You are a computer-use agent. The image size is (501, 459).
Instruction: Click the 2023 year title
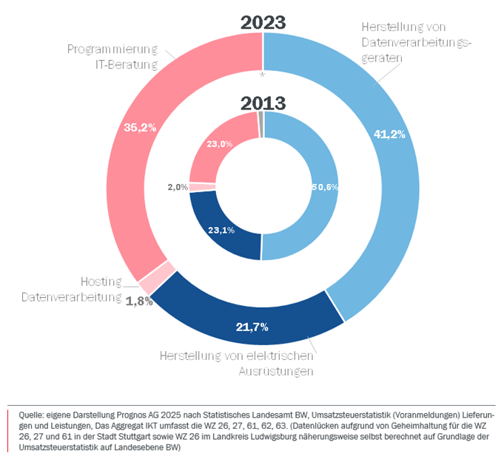[263, 22]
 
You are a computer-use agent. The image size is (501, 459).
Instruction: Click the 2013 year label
[263, 103]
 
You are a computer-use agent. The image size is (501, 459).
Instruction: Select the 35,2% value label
[140, 127]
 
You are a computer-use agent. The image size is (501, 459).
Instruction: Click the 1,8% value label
[138, 301]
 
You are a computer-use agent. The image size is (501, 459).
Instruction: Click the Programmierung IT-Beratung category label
[112, 57]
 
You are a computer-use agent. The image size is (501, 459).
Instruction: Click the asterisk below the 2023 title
[263, 75]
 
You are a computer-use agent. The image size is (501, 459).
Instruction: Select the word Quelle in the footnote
[28, 415]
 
